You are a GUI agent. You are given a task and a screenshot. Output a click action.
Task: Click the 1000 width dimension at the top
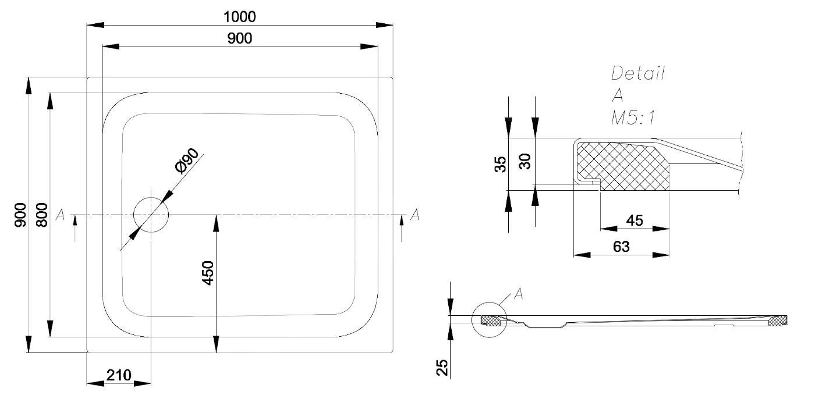coord(240,16)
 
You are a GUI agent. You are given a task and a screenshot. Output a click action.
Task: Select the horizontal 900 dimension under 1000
coord(239,38)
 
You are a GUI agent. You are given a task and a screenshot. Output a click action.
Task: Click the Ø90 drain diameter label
coord(187,161)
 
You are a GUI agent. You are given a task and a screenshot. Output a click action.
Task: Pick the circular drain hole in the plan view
coord(150,215)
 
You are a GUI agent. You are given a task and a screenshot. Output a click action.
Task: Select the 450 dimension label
coord(208,273)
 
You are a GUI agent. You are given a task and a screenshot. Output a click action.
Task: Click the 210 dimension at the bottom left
coord(118,374)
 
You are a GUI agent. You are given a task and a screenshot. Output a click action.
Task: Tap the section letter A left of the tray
coord(59,215)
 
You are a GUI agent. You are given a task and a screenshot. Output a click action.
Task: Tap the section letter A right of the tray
coord(415,215)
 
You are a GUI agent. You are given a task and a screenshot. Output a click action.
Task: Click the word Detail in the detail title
coord(638,73)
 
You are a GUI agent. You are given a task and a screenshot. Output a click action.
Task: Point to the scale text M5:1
coord(633,119)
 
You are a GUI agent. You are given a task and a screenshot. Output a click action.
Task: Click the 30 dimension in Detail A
coord(526,161)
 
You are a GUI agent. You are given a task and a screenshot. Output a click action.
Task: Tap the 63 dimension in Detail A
coord(621,247)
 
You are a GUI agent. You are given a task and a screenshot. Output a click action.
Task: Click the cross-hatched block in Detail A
coord(623,166)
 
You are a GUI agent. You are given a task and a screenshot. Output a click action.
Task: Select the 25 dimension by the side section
coord(442,366)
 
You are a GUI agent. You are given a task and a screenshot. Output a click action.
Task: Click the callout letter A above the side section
coord(519,294)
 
